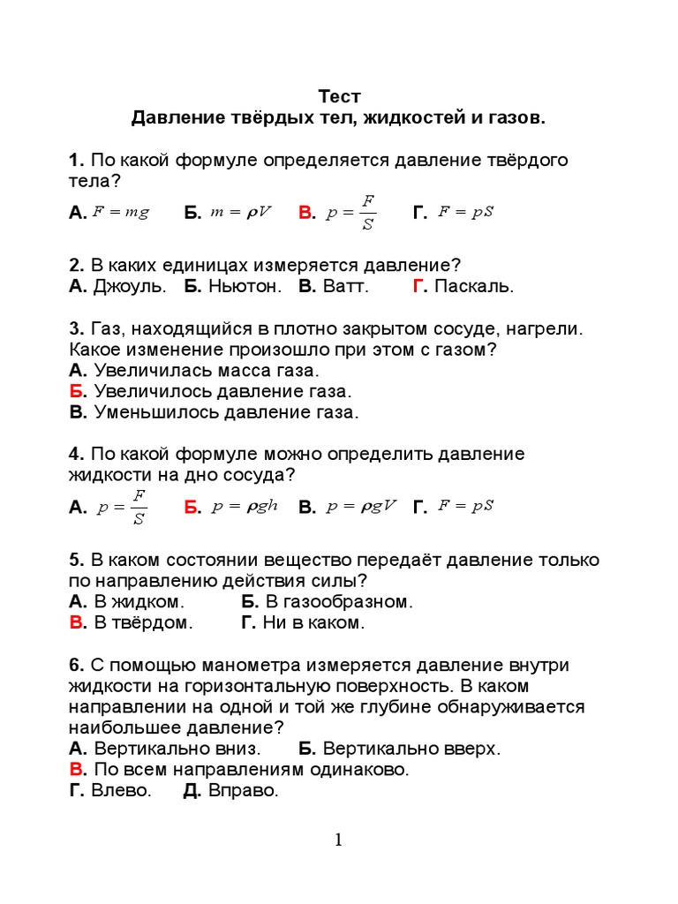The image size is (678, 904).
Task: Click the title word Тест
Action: (x=339, y=96)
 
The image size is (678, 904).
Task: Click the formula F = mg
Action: (x=121, y=212)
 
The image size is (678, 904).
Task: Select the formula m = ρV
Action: (x=240, y=212)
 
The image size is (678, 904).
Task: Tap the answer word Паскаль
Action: (x=473, y=286)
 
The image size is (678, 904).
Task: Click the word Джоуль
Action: (x=129, y=286)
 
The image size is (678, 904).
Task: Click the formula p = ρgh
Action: (x=239, y=506)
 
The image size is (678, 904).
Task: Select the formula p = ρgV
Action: (x=361, y=506)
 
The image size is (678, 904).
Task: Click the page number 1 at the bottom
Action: (x=338, y=840)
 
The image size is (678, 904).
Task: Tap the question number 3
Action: (x=75, y=328)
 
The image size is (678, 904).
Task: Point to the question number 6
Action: (x=75, y=665)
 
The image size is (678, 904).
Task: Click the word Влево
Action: (x=121, y=791)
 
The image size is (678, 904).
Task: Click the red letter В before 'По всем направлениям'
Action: (x=77, y=770)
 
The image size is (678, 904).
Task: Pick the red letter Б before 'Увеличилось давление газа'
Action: (x=77, y=391)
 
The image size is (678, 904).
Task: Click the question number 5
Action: (x=75, y=561)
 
